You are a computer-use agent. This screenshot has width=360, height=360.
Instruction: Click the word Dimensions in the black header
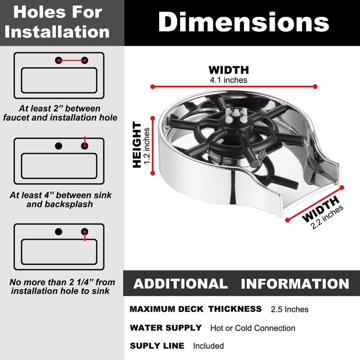point(243,22)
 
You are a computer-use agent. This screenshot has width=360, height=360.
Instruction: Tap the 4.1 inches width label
point(228,80)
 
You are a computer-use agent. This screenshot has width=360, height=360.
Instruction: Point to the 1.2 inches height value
point(146,146)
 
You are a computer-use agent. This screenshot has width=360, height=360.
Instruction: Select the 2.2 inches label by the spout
point(327,217)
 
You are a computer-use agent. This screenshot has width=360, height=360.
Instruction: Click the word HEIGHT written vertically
point(137,145)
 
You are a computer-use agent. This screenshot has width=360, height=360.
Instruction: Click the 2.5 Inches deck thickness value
point(290,309)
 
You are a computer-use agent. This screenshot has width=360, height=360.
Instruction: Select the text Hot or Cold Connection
point(253,328)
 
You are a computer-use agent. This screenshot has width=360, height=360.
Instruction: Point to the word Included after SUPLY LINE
point(208,345)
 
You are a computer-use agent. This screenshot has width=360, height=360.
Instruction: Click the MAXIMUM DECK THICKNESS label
point(196,309)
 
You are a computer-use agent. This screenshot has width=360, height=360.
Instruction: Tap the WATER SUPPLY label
point(165,327)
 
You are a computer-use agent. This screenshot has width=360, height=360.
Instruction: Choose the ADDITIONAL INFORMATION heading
point(242,284)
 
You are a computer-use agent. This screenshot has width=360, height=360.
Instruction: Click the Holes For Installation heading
point(57,22)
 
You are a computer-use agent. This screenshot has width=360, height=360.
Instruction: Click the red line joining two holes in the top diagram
point(71,60)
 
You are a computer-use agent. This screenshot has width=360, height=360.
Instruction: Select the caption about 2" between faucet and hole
point(60,113)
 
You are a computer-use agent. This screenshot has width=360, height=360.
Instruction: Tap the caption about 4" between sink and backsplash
point(60,200)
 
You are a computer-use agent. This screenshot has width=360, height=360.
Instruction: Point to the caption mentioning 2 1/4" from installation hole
point(62,286)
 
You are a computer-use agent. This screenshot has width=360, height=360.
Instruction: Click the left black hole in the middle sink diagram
point(59,146)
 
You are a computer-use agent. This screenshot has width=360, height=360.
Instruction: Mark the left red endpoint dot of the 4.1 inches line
point(153,87)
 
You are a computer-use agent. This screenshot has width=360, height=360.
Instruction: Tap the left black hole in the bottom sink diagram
point(59,232)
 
